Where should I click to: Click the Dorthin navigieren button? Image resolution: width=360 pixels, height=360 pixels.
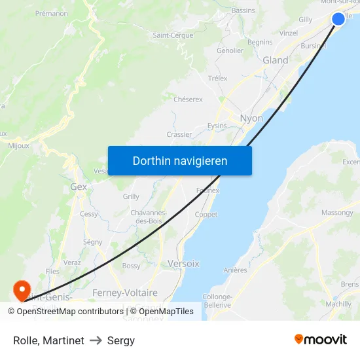(x=180, y=160)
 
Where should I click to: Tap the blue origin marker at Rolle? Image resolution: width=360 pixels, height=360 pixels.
(x=338, y=18)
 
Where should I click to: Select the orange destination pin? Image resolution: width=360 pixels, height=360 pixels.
(x=22, y=289)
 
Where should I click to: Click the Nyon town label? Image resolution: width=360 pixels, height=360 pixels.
(x=251, y=118)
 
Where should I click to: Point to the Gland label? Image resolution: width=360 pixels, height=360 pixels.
(x=275, y=60)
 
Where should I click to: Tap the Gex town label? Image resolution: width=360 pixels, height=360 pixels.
(x=78, y=187)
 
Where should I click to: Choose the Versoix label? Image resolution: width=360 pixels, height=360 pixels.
(x=183, y=263)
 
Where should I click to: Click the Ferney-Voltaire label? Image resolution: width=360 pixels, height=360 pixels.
(x=125, y=293)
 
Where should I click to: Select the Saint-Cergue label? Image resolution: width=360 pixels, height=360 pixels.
(x=173, y=35)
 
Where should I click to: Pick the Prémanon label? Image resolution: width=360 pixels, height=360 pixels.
(x=52, y=13)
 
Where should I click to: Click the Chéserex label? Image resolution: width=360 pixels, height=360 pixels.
(x=188, y=99)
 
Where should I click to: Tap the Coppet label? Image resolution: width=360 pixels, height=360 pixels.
(x=206, y=215)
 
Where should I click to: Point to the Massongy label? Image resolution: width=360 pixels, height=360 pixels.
(x=337, y=213)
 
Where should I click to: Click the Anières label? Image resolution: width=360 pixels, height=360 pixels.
(x=235, y=270)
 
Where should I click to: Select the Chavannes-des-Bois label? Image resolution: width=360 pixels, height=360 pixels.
(x=149, y=217)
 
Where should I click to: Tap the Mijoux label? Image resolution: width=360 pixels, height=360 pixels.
(x=18, y=146)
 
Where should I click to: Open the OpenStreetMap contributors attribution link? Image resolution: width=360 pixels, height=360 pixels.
(x=69, y=312)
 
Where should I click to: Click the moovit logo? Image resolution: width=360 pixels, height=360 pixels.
(x=321, y=339)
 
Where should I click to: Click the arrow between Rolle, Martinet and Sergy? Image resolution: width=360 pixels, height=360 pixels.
(x=96, y=340)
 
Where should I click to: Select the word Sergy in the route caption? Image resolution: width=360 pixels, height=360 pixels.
(x=121, y=340)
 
